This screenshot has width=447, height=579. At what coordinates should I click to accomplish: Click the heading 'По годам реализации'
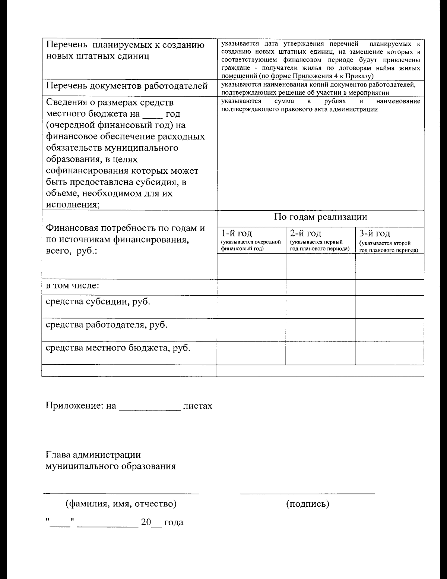pos(320,217)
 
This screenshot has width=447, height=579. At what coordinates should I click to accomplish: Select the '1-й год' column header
pos(237,233)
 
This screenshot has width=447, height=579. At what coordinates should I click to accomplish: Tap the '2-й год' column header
pos(305,233)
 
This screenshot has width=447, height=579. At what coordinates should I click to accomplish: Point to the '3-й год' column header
pos(374,233)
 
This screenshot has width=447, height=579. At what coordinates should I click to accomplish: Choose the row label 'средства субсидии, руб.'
pos(98,302)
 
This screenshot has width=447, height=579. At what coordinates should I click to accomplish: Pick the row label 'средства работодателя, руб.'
pos(106,325)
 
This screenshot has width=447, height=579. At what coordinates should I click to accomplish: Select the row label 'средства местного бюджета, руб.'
pos(118,348)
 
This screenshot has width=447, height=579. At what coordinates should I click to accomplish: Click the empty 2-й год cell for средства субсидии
pos(320,307)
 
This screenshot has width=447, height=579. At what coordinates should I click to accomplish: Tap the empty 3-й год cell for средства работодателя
pos(389,330)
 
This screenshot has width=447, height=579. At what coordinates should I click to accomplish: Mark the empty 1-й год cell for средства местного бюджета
pos(251,353)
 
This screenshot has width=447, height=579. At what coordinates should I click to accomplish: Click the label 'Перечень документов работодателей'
pos(126,86)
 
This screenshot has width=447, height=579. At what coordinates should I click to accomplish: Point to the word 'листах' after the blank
pos(197,406)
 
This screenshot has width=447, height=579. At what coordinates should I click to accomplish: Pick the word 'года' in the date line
pos(174,522)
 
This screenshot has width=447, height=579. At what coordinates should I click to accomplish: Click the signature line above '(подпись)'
pos(308,493)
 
